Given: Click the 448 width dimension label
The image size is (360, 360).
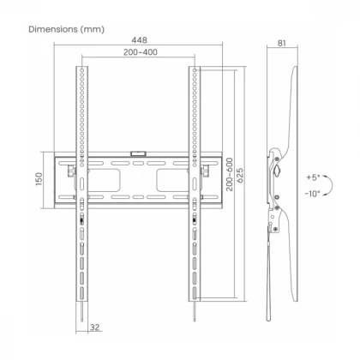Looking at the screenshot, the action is pyautogui.click(x=139, y=40).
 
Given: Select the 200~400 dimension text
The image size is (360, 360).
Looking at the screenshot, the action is pyautogui.click(x=141, y=52).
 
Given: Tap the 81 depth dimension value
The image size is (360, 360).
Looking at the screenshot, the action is pyautogui.click(x=282, y=43).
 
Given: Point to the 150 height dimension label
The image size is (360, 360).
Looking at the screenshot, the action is pyautogui.click(x=39, y=179).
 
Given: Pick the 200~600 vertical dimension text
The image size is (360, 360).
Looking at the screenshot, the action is pyautogui.click(x=230, y=175).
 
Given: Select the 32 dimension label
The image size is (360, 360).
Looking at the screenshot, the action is pyautogui.click(x=94, y=327).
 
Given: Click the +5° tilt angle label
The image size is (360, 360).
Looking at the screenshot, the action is pyautogui.click(x=313, y=177).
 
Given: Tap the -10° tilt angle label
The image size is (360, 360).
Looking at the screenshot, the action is pyautogui.click(x=312, y=194).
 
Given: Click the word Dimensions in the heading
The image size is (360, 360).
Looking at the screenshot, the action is pyautogui.click(x=53, y=29).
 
